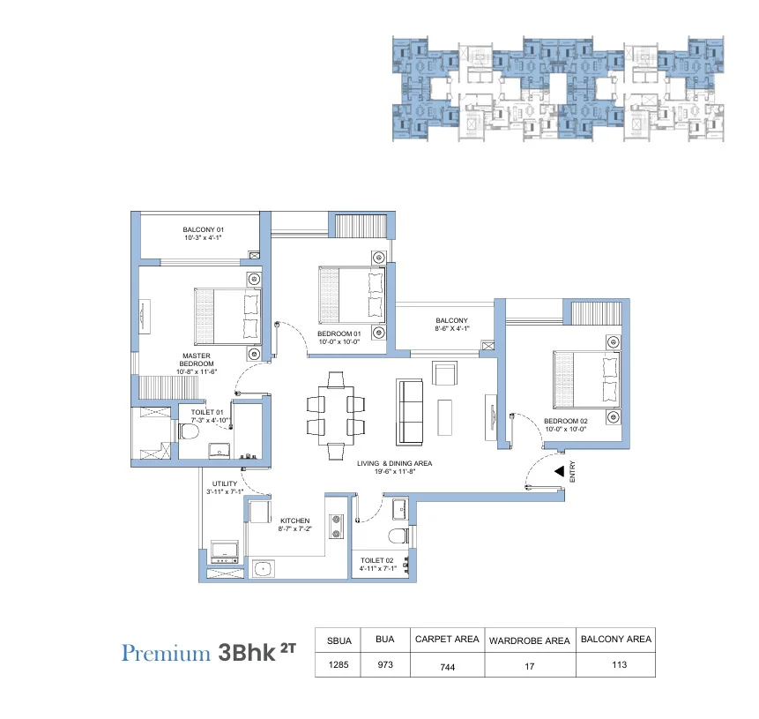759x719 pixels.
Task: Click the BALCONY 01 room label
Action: pyautogui.click(x=203, y=228)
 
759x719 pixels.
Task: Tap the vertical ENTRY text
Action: pyautogui.click(x=572, y=473)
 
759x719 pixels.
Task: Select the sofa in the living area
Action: pyautogui.click(x=410, y=411)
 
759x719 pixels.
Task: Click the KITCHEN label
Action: pyautogui.click(x=295, y=521)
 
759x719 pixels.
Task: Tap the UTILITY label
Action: pyautogui.click(x=220, y=484)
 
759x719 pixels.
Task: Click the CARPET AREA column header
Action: pyautogui.click(x=446, y=639)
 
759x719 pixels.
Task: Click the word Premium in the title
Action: pyautogui.click(x=166, y=654)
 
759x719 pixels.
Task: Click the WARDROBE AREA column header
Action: pyautogui.click(x=529, y=640)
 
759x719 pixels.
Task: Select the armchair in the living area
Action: pyautogui.click(x=444, y=372)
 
